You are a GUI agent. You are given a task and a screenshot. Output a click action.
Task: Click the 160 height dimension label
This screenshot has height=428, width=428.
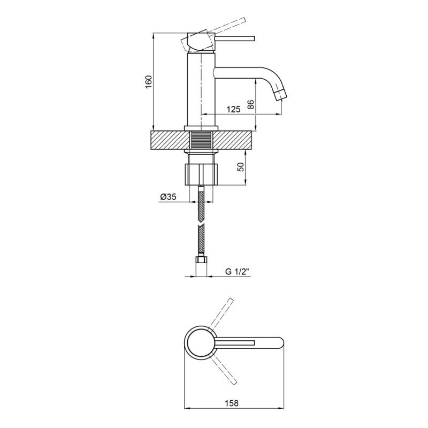click(x=148, y=81)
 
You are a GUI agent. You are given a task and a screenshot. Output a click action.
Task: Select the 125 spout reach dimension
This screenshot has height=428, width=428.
click(x=234, y=110)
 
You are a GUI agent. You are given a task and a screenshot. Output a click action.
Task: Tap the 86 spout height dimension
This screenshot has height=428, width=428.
click(x=251, y=104)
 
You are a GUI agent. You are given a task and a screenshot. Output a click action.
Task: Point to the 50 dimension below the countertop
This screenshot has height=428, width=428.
click(x=240, y=167)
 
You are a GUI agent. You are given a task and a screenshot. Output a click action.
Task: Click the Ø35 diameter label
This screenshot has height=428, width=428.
click(x=169, y=196)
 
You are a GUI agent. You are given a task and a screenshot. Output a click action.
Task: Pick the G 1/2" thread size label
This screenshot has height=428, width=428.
click(x=237, y=272)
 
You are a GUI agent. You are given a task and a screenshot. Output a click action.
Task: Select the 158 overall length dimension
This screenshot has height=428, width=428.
click(x=232, y=403)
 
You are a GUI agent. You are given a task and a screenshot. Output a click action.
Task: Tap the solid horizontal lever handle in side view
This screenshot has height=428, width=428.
click(x=235, y=39)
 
